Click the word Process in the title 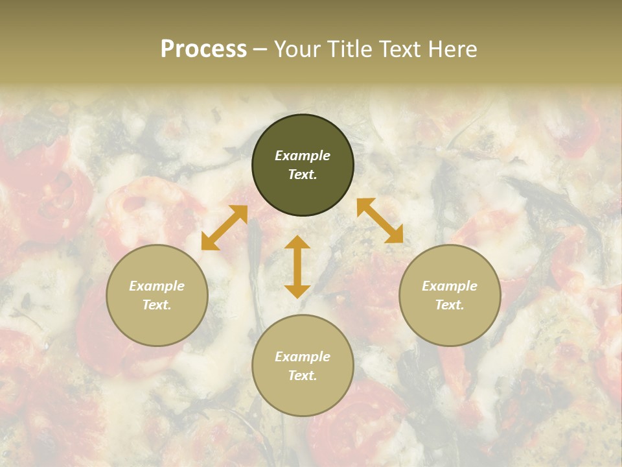203,49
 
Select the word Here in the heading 452,49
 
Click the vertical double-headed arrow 297,267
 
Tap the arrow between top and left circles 224,228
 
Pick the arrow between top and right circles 380,221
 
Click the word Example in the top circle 303,156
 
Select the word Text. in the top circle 303,174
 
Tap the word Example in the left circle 157,286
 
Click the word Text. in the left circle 157,305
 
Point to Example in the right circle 450,286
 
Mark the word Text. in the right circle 450,305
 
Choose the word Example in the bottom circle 303,357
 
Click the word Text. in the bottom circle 303,376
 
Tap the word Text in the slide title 399,49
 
